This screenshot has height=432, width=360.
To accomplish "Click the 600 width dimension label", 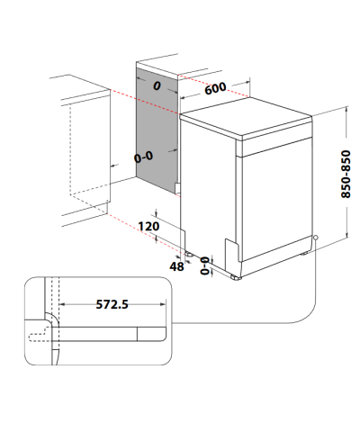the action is click(215, 88).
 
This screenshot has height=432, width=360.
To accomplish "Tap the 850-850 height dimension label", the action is click(346, 174).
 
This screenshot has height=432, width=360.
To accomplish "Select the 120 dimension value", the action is click(148, 226).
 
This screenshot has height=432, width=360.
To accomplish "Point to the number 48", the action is click(176, 266).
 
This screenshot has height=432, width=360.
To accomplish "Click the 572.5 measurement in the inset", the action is click(112, 304).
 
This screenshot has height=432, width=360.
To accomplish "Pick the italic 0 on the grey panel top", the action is click(157, 86).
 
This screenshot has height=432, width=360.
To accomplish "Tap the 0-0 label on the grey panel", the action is click(143, 157).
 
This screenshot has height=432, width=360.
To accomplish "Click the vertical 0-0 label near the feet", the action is click(205, 265).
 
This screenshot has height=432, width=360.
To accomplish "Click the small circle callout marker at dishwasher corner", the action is click(315, 238).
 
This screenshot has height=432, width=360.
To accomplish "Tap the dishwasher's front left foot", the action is click(236, 277).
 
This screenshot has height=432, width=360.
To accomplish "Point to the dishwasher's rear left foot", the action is click(189, 254).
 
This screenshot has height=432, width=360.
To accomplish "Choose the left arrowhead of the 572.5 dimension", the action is click(62, 304).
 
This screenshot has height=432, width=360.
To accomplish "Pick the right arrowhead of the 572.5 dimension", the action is click(163, 304).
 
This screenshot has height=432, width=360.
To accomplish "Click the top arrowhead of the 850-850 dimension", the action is click(346, 109).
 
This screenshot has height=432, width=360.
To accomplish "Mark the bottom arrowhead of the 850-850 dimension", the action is click(346, 234).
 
